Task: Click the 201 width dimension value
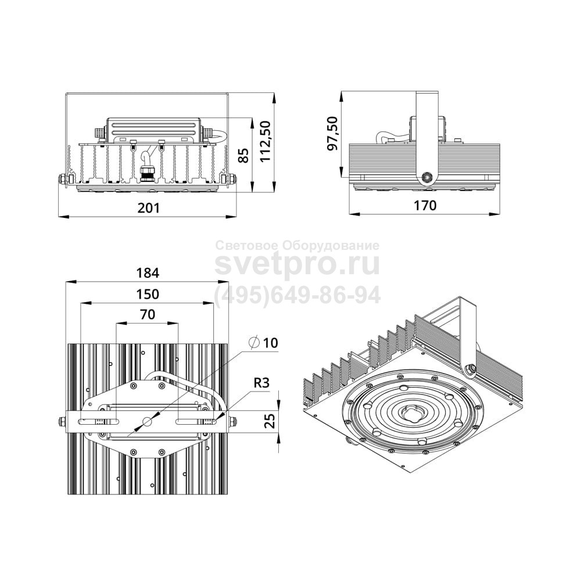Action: click(x=148, y=208)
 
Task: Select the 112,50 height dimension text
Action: click(x=266, y=141)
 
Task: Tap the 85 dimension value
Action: click(x=243, y=155)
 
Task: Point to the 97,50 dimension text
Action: click(x=333, y=133)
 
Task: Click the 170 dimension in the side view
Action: click(x=425, y=205)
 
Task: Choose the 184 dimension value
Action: click(x=148, y=273)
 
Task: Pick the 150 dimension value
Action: click(x=148, y=294)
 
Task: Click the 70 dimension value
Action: click(x=148, y=314)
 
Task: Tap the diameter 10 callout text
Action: click(x=264, y=343)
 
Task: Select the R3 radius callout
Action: click(x=261, y=383)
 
